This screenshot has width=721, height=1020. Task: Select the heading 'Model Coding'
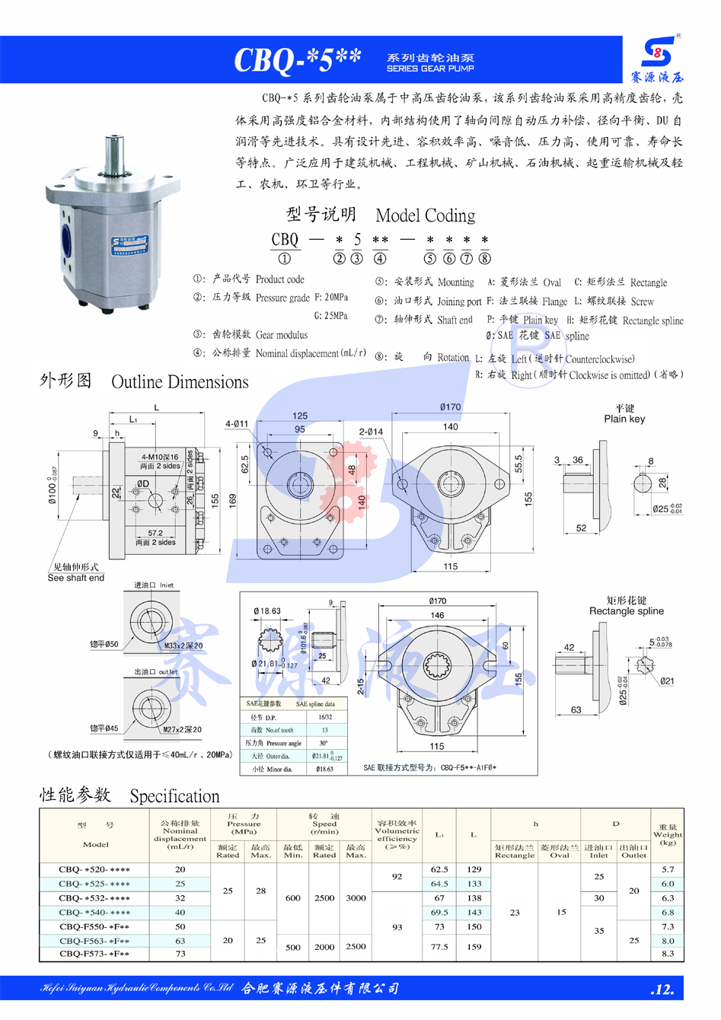pyautogui.click(x=426, y=215)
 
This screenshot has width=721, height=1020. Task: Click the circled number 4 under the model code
pyautogui.click(x=380, y=259)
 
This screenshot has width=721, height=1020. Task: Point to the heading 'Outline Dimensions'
pyautogui.click(x=180, y=382)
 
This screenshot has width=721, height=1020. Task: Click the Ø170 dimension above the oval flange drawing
pyautogui.click(x=450, y=407)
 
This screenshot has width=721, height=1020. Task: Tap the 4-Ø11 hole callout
pyautogui.click(x=237, y=424)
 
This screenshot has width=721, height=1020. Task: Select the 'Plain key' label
pyautogui.click(x=624, y=419)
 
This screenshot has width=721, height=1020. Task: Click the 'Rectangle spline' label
pyautogui.click(x=626, y=610)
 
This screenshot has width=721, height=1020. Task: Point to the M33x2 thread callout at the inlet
pyautogui.click(x=183, y=645)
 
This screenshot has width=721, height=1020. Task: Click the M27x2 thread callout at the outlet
pyautogui.click(x=183, y=729)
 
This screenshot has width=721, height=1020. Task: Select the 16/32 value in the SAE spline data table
pyautogui.click(x=325, y=717)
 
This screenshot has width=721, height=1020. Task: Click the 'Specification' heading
pyautogui.click(x=174, y=796)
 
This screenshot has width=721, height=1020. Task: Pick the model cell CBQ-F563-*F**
pyautogui.click(x=94, y=941)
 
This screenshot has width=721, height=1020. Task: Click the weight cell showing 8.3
pyautogui.click(x=668, y=953)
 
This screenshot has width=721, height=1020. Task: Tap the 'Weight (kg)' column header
pyautogui.click(x=668, y=835)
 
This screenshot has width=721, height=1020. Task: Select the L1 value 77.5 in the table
pyautogui.click(x=439, y=947)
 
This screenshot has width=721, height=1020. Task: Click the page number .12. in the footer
pyautogui.click(x=662, y=990)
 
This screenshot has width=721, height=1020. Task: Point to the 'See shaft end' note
pyautogui.click(x=75, y=578)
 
